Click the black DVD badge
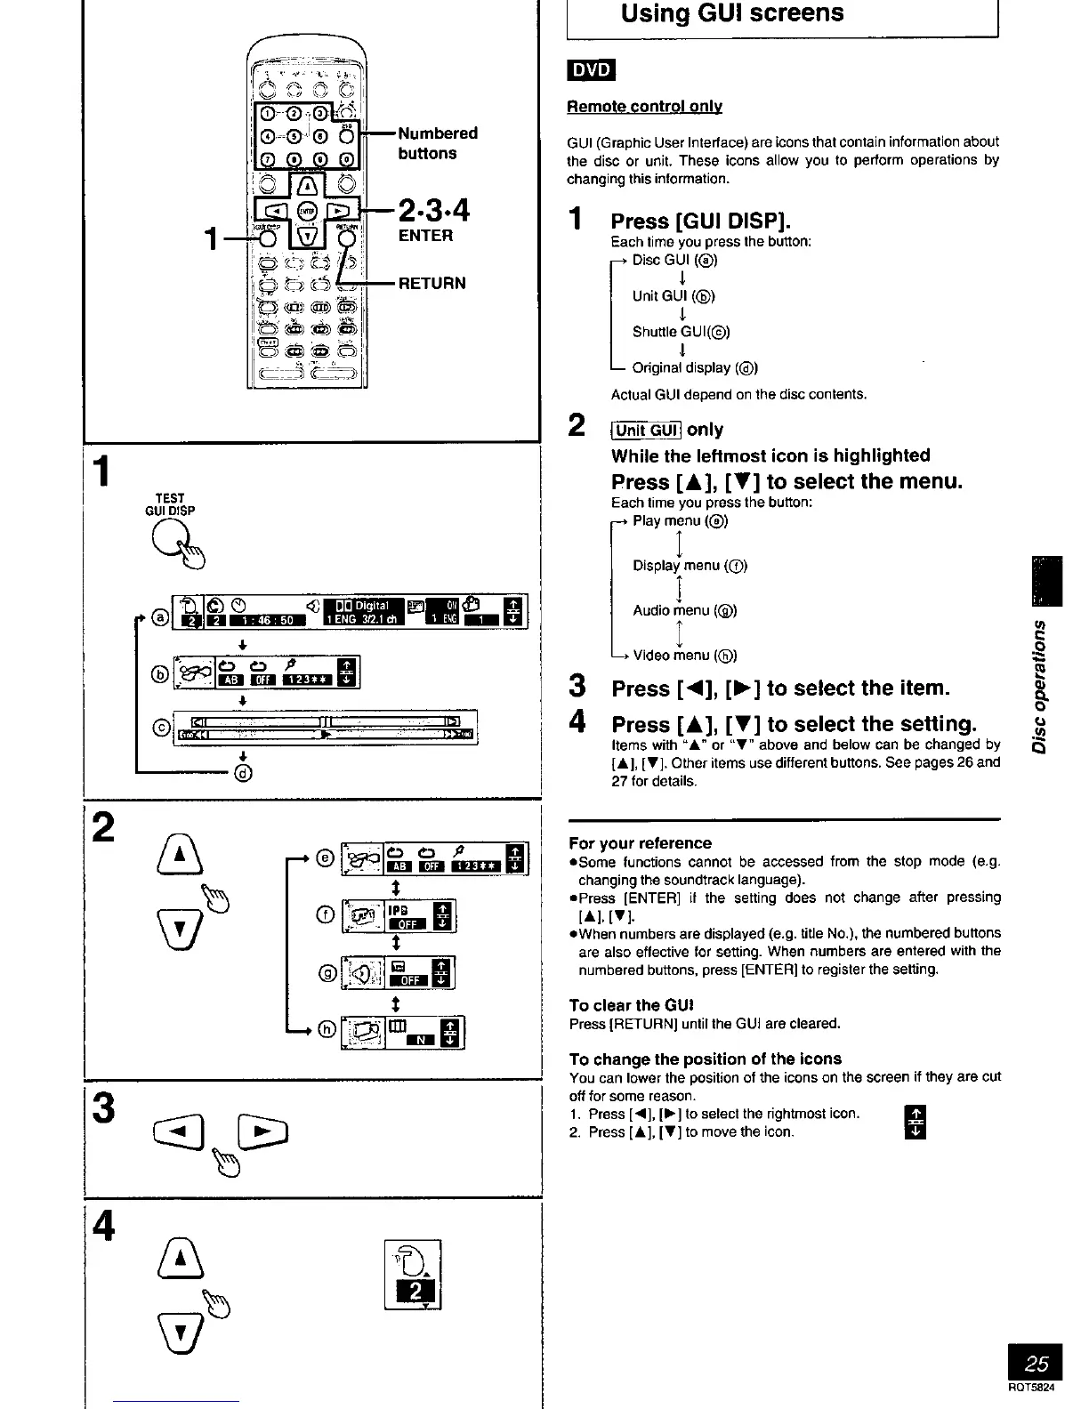point(592,70)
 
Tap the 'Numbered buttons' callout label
point(438,143)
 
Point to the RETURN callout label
point(432,284)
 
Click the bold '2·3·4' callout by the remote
point(433,212)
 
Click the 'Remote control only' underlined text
point(644,107)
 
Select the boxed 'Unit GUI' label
point(647,431)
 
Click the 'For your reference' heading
point(641,843)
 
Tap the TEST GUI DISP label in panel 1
point(170,504)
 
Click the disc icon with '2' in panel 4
point(412,1275)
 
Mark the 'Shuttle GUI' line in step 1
point(681,332)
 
